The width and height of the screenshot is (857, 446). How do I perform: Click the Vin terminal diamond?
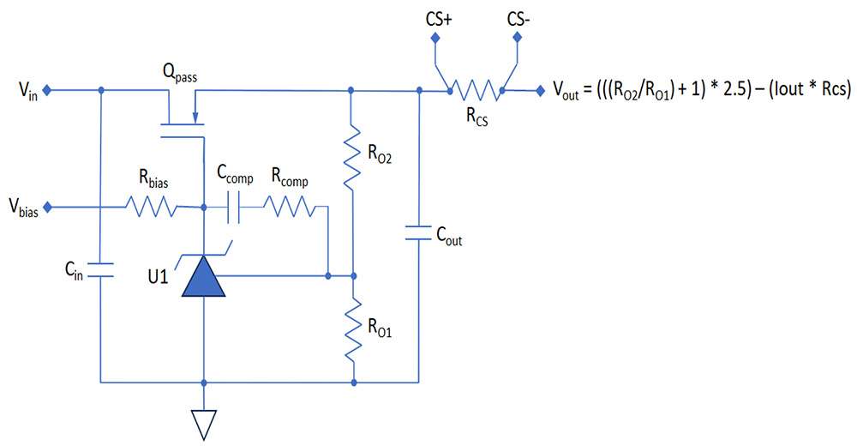47,90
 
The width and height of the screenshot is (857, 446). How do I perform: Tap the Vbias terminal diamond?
47,208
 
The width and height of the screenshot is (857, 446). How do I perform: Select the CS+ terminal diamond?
435,38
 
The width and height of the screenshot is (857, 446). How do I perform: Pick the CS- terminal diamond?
517,38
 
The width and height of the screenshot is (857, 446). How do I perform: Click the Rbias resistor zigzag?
152,208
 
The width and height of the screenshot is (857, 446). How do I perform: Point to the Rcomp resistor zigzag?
289,208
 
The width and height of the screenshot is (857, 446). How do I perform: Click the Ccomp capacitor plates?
233,208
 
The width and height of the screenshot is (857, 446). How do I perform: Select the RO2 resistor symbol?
352,157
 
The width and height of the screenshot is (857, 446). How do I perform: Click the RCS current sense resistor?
476,91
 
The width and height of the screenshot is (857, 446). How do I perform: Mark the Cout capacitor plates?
419,232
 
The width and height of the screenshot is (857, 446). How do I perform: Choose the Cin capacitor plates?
100,270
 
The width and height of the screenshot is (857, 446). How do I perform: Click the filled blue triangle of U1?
203,277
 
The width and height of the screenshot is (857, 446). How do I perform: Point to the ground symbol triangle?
203,425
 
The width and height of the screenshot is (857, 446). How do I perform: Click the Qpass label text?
179,73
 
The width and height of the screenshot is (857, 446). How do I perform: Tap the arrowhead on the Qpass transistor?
195,118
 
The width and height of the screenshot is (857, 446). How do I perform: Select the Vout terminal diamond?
540,91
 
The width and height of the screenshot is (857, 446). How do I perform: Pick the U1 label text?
158,277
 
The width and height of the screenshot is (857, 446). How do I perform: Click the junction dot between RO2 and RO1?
354,276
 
